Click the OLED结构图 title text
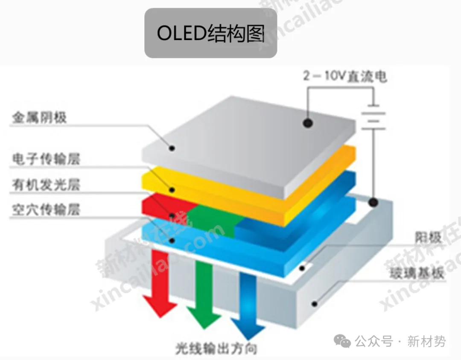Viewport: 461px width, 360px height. coord(210,33)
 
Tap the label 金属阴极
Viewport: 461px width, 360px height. coord(39,117)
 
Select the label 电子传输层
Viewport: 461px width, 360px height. coord(46,160)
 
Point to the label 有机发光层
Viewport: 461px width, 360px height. coord(46,185)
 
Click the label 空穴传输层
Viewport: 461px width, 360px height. coord(46,209)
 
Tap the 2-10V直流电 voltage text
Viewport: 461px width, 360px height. coord(345,77)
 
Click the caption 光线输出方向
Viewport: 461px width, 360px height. coord(216,349)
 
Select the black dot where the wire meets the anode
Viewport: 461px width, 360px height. coord(374,202)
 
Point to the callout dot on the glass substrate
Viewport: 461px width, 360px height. coord(315,304)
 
